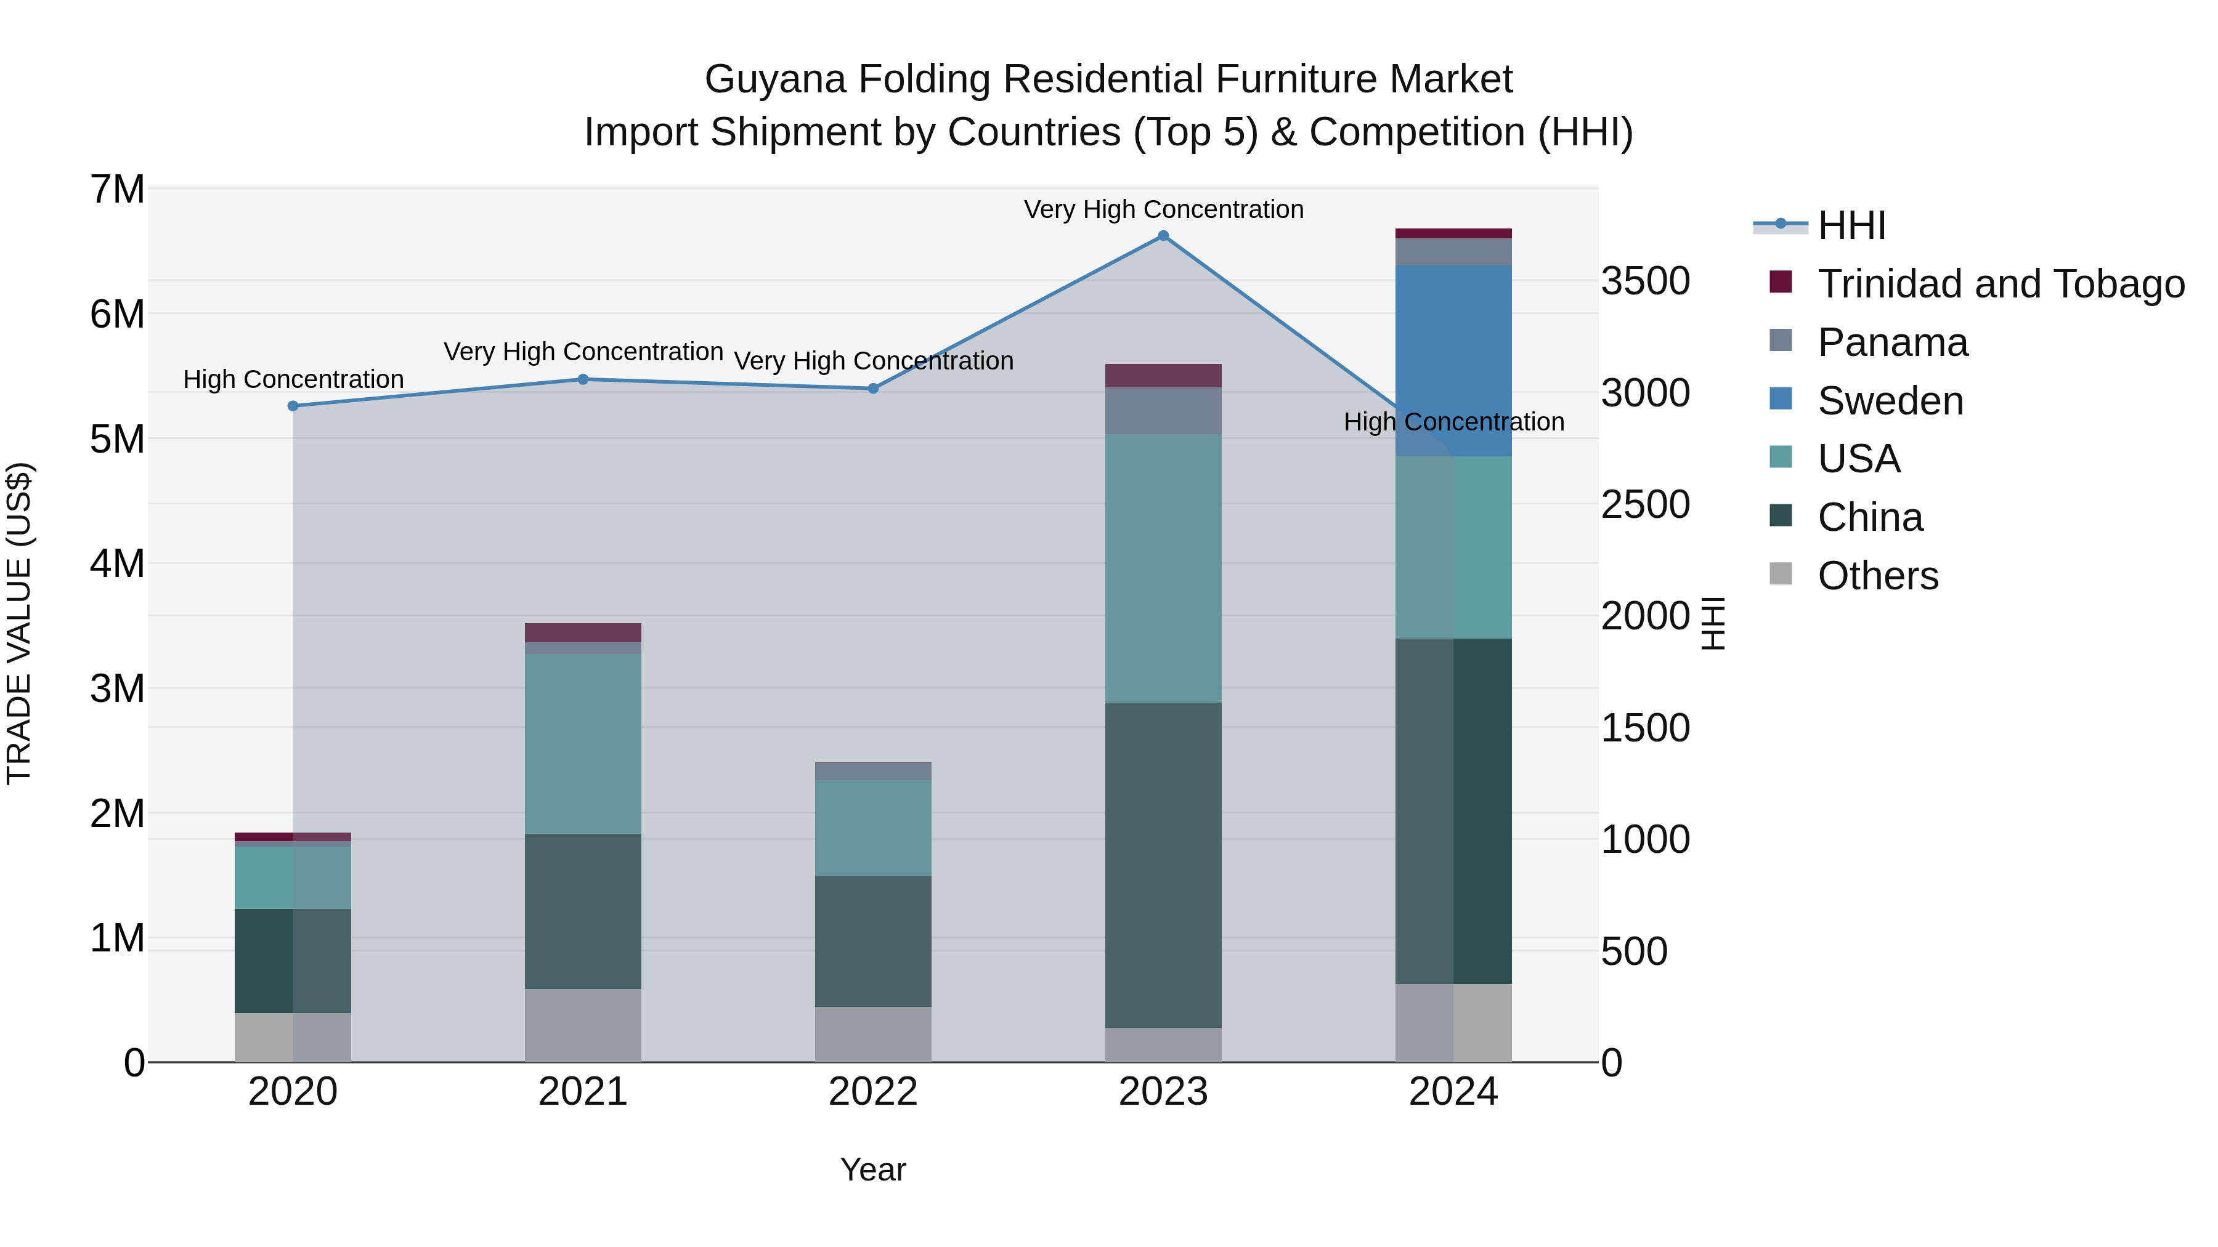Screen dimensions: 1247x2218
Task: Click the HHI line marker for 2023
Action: [x=1163, y=236]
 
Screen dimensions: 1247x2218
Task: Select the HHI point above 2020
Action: [x=293, y=406]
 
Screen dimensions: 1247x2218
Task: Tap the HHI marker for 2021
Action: [x=583, y=379]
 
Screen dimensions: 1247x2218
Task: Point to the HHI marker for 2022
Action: [x=873, y=389]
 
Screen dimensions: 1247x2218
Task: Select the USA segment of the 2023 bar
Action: [x=1163, y=568]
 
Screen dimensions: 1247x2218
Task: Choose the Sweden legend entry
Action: [x=1890, y=401]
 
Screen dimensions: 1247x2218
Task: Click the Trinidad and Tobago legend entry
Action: [x=2000, y=284]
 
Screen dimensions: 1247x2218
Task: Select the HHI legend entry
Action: [x=1851, y=225]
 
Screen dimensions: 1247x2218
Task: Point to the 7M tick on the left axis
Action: [x=117, y=189]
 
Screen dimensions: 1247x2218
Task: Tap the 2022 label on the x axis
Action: [x=873, y=1092]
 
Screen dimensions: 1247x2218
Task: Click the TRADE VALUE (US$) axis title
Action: [x=19, y=623]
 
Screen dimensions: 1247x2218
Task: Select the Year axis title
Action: [x=873, y=1169]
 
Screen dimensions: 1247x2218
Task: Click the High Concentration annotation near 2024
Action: [x=1453, y=422]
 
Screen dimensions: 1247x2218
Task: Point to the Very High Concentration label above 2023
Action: [x=1163, y=209]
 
